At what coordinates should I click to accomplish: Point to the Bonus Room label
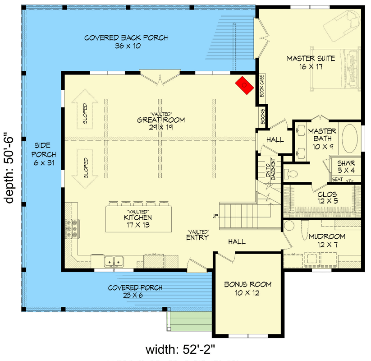coord(248,288)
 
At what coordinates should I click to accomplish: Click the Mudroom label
coord(327,240)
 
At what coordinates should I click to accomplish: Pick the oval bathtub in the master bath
coord(350,140)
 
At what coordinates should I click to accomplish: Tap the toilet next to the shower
coord(293,174)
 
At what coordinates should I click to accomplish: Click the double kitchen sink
coord(114,261)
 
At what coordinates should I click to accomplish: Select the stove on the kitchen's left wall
coord(72,228)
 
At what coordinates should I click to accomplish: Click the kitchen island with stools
coord(139,218)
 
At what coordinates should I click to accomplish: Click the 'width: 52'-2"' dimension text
coord(183,350)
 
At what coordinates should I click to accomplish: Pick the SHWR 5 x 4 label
coord(346,167)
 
